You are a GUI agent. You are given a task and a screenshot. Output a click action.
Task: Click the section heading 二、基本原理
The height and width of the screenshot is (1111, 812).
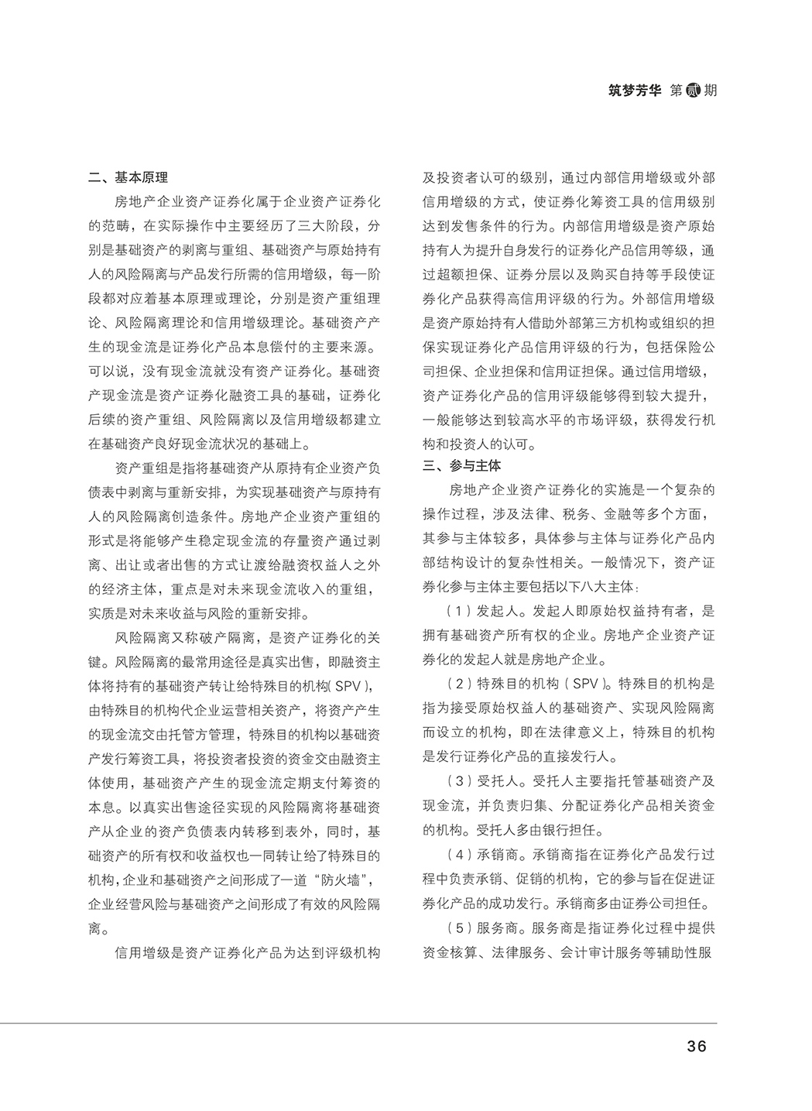128,177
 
